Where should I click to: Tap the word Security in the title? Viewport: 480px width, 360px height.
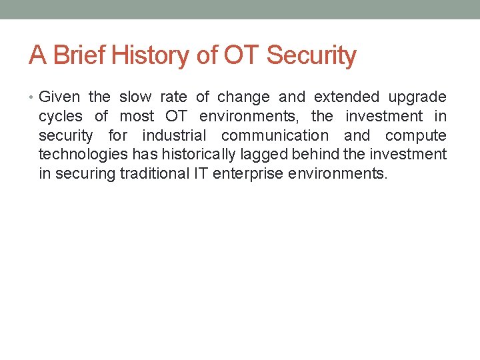click(x=311, y=55)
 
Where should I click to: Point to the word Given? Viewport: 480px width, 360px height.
click(x=58, y=97)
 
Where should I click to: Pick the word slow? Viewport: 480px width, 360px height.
click(x=135, y=97)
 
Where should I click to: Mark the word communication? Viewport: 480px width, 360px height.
click(x=275, y=136)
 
